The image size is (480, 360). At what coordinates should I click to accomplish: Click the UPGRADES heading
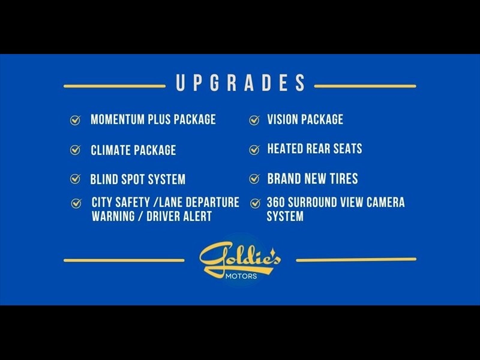click(241, 82)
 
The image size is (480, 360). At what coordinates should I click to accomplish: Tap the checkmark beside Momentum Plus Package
click(75, 120)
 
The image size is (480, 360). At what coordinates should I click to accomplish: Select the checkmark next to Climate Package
click(75, 149)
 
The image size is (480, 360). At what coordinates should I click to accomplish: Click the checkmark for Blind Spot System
click(75, 179)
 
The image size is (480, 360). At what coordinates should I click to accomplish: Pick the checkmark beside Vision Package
click(254, 120)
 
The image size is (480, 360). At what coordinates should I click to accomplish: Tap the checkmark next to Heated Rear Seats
click(254, 149)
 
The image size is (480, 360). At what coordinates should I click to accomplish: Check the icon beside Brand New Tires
click(254, 178)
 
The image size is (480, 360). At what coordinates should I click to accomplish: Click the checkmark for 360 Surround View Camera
click(255, 203)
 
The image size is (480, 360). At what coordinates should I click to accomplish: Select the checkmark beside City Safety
click(76, 203)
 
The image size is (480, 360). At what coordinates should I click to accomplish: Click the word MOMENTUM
click(118, 119)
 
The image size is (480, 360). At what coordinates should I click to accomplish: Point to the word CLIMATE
click(110, 150)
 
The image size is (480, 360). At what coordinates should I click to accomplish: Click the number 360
click(275, 202)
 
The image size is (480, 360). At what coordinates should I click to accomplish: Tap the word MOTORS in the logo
click(241, 276)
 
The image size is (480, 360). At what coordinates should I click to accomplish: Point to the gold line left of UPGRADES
click(115, 86)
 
